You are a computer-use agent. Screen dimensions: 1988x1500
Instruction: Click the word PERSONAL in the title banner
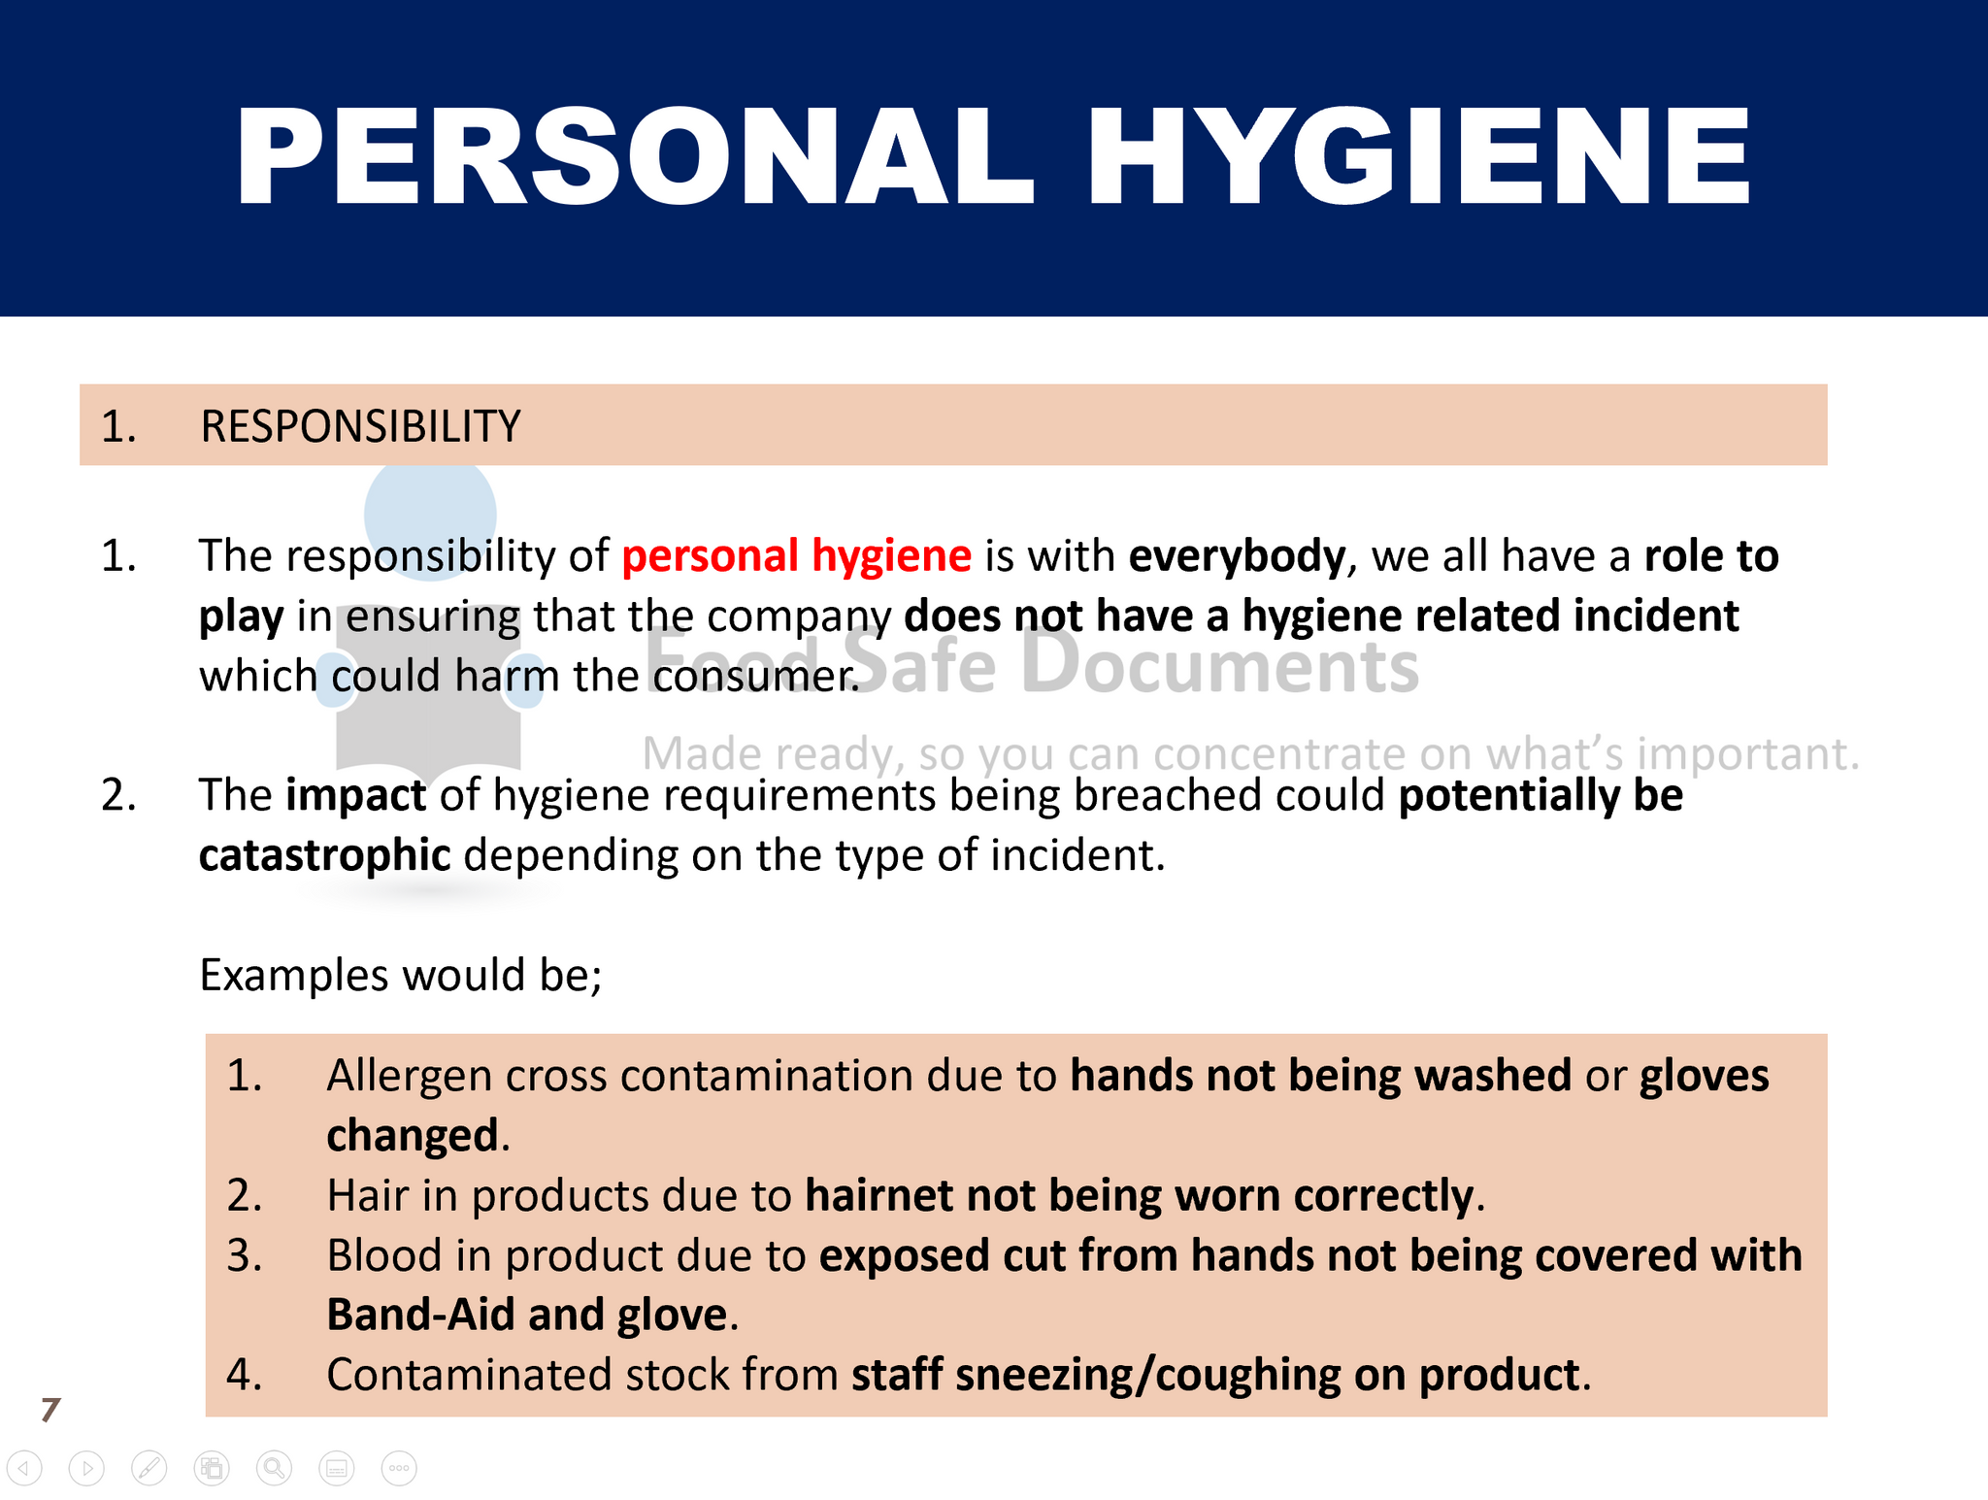click(x=635, y=156)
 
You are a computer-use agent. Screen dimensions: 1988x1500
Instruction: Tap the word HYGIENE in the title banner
click(x=1419, y=156)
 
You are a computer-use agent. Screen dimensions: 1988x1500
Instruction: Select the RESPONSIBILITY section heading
click(x=360, y=427)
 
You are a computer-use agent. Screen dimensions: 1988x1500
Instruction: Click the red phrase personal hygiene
click(x=796, y=556)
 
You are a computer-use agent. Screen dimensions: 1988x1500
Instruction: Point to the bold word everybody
click(x=1237, y=556)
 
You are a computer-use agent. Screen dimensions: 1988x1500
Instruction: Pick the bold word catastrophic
click(x=324, y=855)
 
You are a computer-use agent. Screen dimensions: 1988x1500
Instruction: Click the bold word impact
click(x=355, y=796)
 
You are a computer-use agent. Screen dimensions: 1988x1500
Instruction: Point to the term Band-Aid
click(x=420, y=1316)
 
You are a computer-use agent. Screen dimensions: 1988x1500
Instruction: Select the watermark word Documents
click(x=1220, y=665)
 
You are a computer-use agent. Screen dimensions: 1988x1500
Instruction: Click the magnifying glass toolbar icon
click(x=274, y=1469)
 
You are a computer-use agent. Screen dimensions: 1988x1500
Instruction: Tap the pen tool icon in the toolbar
click(x=149, y=1469)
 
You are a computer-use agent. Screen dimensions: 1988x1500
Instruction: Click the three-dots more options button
click(x=399, y=1469)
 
